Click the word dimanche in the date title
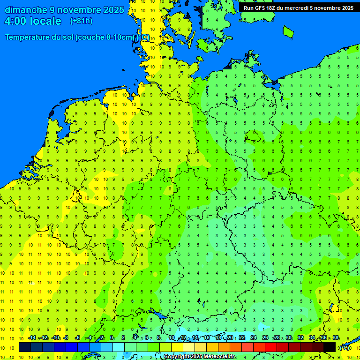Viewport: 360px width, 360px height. (x=26, y=10)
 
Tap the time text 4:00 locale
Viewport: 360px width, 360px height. (x=33, y=22)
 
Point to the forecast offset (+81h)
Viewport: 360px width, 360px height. (x=81, y=21)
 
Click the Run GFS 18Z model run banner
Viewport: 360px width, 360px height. (x=298, y=7)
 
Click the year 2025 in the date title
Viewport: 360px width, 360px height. (x=112, y=10)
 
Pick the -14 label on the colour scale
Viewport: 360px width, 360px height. (x=32, y=338)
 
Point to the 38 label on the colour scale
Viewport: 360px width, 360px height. (x=336, y=338)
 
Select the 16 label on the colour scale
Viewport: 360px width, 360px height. (x=207, y=338)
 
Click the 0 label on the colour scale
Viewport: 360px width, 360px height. (x=112, y=338)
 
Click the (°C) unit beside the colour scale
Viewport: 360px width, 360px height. (x=345, y=347)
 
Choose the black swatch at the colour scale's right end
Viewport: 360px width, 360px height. (x=330, y=347)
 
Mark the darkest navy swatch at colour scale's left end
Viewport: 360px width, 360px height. (x=25, y=347)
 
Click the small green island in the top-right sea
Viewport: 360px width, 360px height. (x=288, y=31)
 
